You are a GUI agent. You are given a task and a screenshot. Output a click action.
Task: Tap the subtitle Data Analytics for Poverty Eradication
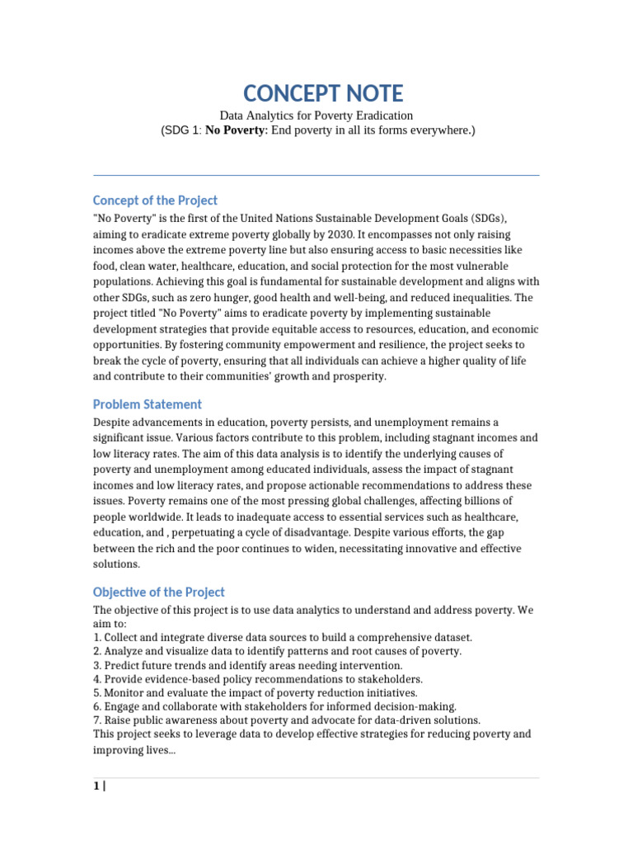click(316, 116)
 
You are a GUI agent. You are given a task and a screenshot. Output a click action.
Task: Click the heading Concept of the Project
click(155, 201)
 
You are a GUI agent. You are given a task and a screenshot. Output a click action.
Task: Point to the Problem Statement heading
click(147, 404)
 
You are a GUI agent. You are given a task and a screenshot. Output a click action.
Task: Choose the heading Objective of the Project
click(158, 592)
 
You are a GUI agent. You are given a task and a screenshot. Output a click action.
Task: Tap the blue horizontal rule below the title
click(316, 175)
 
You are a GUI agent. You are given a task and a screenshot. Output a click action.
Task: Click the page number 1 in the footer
click(96, 786)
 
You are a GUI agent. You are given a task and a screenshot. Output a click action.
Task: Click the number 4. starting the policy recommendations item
click(97, 679)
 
